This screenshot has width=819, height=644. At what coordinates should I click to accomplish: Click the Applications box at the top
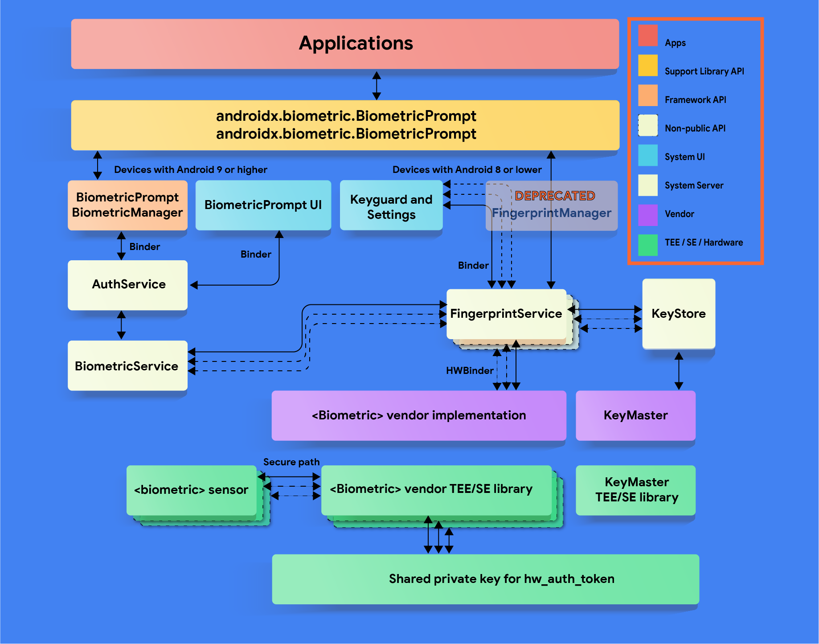[345, 44]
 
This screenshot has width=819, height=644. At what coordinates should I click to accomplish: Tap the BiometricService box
[127, 365]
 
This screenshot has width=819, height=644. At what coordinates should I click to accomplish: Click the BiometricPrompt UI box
[263, 205]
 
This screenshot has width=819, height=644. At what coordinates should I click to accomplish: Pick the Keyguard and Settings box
[391, 206]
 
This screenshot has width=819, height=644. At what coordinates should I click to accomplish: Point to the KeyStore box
[678, 313]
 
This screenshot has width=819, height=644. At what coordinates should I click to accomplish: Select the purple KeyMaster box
[635, 415]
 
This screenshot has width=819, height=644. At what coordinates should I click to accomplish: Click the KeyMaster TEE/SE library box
[636, 490]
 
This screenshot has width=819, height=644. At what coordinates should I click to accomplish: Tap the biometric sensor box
[191, 490]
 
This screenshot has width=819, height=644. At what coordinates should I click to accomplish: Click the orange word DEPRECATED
[555, 196]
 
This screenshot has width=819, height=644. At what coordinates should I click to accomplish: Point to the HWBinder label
[469, 370]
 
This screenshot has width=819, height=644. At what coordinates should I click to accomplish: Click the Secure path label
[291, 462]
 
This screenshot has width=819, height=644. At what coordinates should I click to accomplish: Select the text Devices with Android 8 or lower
[467, 170]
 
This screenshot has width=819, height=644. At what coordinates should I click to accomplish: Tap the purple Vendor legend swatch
[647, 214]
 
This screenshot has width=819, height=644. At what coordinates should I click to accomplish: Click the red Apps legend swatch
[647, 36]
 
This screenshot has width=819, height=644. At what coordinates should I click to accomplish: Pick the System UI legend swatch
[647, 155]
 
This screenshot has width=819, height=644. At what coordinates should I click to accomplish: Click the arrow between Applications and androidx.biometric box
[377, 85]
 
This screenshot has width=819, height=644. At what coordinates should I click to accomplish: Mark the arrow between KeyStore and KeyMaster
[679, 370]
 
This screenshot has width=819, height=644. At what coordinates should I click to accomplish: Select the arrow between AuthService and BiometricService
[121, 325]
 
